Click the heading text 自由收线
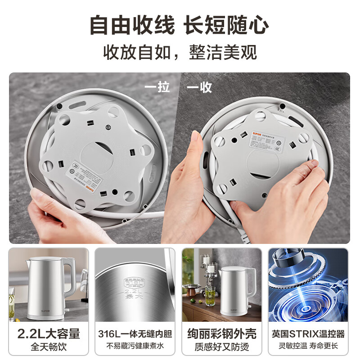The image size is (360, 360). (x=131, y=25)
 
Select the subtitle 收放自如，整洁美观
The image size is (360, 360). (x=180, y=52)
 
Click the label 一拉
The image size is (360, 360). (x=157, y=87)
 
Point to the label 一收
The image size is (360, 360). (x=199, y=87)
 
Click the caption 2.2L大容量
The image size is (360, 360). (x=49, y=333)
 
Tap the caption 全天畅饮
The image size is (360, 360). (x=49, y=347)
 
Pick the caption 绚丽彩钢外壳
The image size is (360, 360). (x=221, y=333)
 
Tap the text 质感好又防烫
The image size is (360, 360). (x=221, y=347)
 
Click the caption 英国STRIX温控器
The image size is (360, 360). (x=308, y=334)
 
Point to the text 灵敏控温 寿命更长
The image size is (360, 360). (x=308, y=346)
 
